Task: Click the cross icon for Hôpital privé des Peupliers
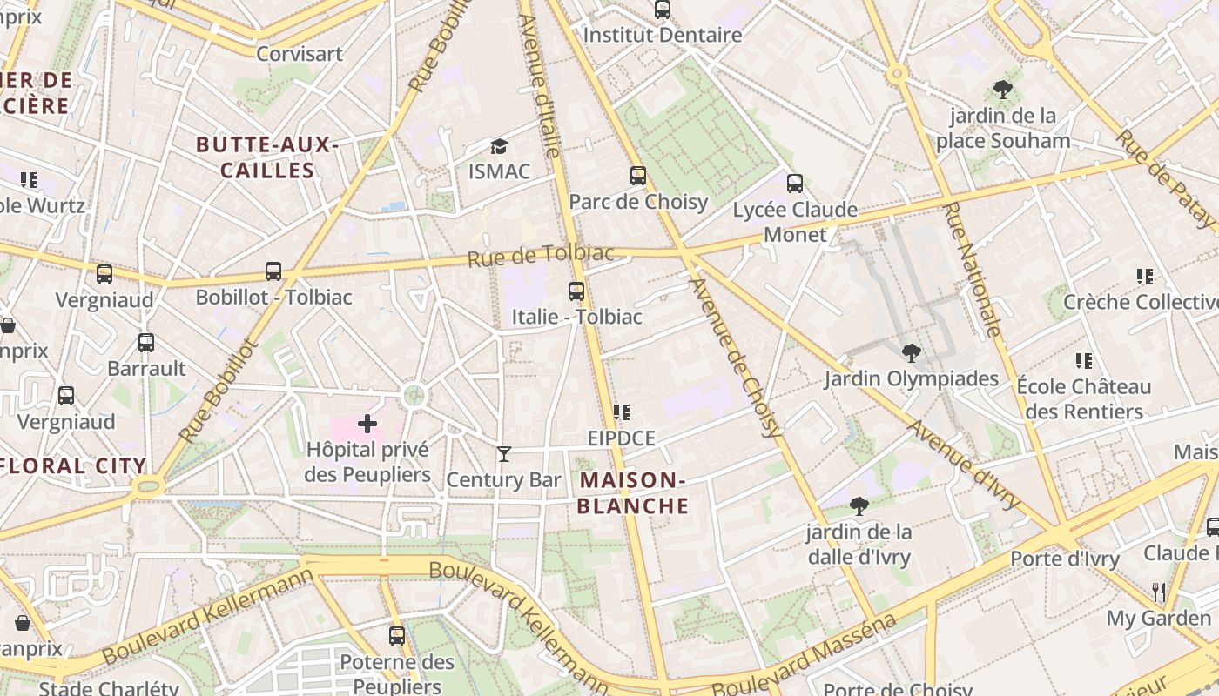point(367,424)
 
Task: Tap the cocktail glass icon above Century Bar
point(503,453)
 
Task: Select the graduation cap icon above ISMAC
point(499,146)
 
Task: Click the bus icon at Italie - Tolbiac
point(576,291)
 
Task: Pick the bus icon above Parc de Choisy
point(638,176)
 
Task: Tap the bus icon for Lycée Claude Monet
point(794,184)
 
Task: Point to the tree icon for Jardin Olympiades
point(911,352)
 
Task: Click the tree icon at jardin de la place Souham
point(1002,89)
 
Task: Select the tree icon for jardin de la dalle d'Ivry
point(859,505)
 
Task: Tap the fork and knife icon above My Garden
point(1158,592)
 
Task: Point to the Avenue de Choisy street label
point(735,357)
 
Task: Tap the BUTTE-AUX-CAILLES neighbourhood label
point(267,157)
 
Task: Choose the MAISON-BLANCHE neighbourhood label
point(633,493)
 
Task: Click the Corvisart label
point(300,54)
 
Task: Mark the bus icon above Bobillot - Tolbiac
point(273,271)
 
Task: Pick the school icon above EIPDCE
point(621,412)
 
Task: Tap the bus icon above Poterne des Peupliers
point(397,635)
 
